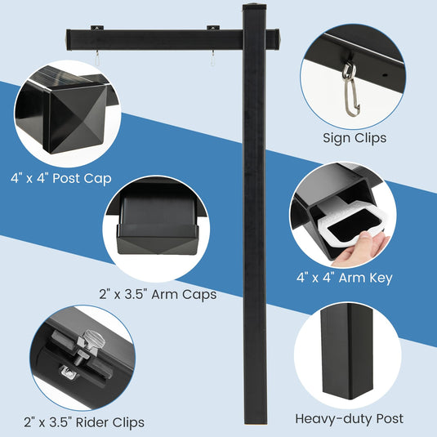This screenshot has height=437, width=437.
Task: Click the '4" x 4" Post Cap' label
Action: coord(61,177)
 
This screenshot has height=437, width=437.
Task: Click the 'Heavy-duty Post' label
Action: coord(349,418)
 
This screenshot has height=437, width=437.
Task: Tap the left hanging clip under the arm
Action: coord(96,58)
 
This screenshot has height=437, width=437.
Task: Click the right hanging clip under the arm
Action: coord(213,58)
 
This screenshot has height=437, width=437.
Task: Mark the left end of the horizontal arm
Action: coord(70,38)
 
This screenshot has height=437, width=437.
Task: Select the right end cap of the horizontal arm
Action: coord(278,38)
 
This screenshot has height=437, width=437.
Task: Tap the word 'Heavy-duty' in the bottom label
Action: coord(326,418)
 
